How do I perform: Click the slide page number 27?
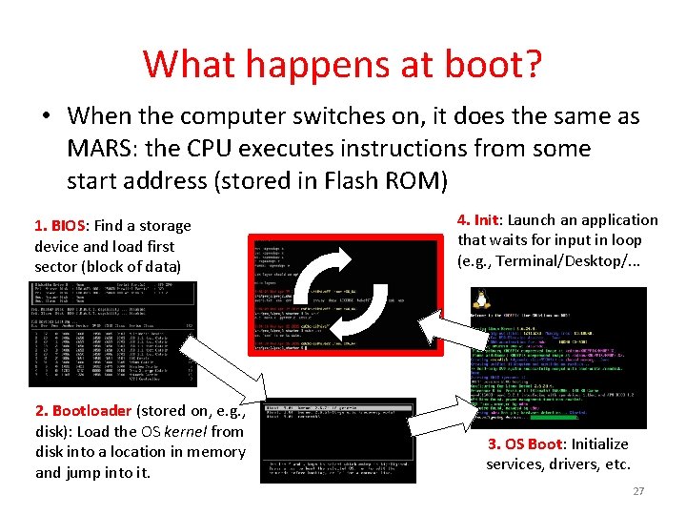pyautogui.click(x=638, y=491)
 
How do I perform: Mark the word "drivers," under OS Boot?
pyautogui.click(x=583, y=464)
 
